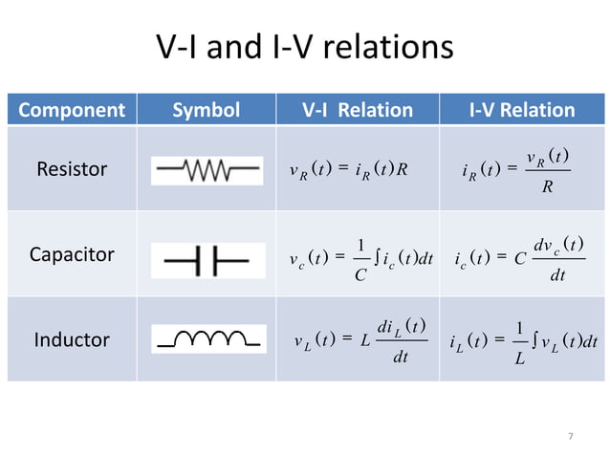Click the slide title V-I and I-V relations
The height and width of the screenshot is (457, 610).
click(x=303, y=47)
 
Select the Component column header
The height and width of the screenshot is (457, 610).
click(x=72, y=110)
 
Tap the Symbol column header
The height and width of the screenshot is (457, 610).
click(x=206, y=110)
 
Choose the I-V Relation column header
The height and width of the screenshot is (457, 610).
click(x=522, y=110)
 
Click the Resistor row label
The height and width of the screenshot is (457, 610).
click(x=72, y=171)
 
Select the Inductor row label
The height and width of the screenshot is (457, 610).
click(x=72, y=339)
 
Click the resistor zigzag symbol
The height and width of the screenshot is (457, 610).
click(x=207, y=172)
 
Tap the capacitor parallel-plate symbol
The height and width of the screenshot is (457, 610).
click(x=207, y=257)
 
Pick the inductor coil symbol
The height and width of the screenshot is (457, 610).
click(x=207, y=339)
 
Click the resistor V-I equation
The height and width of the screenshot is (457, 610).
click(x=349, y=172)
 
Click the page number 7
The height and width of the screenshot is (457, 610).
click(x=571, y=436)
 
